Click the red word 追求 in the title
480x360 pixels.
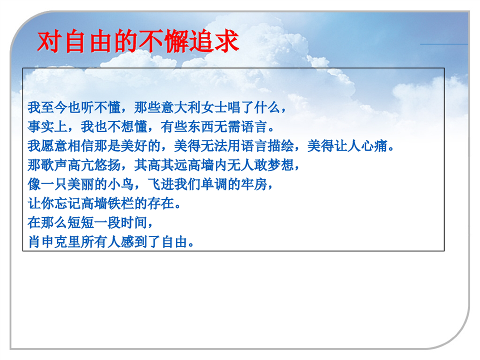[x=214, y=41]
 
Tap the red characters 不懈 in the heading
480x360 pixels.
[x=164, y=41]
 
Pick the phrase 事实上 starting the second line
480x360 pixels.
[x=47, y=126]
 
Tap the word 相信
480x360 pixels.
[x=81, y=146]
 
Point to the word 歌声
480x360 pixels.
[x=54, y=165]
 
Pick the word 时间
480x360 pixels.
[x=134, y=223]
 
